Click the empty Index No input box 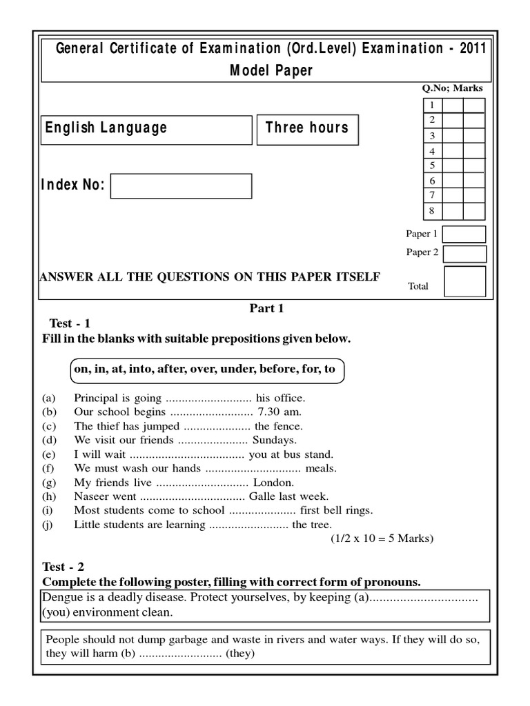point(181,186)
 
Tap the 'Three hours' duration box point(307,129)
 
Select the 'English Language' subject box point(147,129)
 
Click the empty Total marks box point(464,281)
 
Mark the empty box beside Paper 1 point(464,234)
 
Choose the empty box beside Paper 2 point(464,254)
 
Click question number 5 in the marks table point(432,165)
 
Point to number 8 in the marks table point(432,211)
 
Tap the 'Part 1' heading point(266,308)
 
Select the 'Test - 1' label point(70,323)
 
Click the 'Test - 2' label point(63,567)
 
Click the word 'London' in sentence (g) point(274,482)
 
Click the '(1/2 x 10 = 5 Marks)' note point(382,538)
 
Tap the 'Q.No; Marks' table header point(452,88)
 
